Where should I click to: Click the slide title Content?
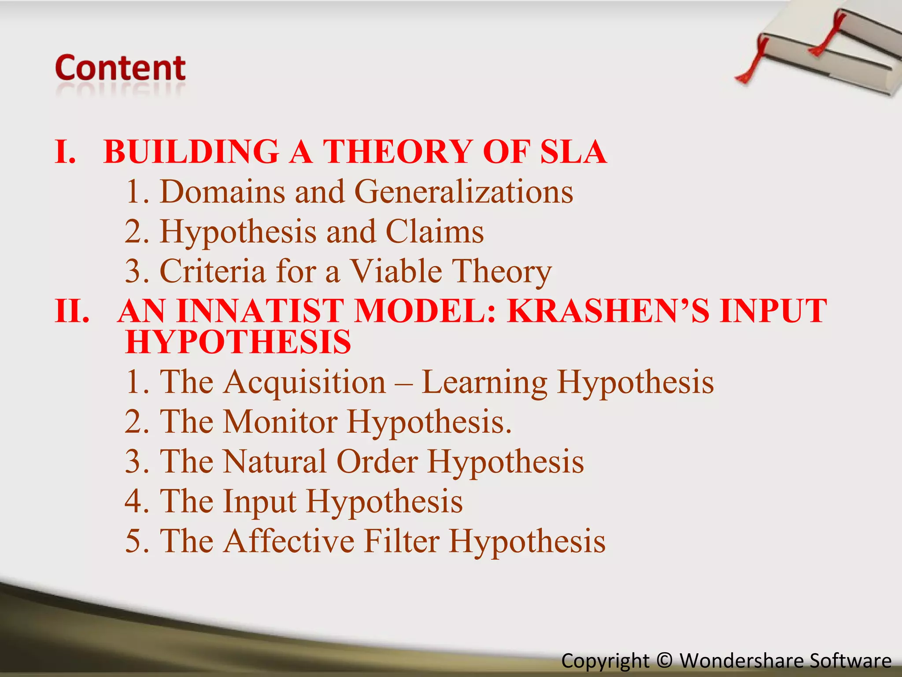pos(120,68)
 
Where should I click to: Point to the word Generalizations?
pos(463,192)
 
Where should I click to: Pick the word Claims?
pos(435,232)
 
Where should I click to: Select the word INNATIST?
pos(260,311)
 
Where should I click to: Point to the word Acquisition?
pos(304,382)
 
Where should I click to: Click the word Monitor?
pos(280,422)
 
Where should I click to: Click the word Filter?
pos(402,541)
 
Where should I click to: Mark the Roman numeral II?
pos(72,311)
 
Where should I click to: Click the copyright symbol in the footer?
pos(664,661)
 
